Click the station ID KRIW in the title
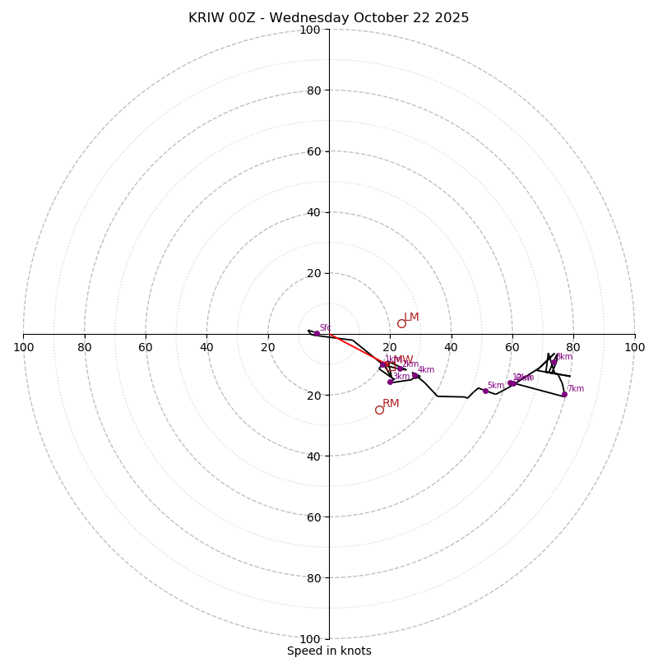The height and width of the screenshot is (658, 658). pyautogui.click(x=205, y=18)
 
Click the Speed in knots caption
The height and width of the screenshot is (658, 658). pyautogui.click(x=329, y=651)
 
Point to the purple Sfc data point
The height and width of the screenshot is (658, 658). pyautogui.click(x=317, y=333)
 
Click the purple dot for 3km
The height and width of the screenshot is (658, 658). pyautogui.click(x=390, y=382)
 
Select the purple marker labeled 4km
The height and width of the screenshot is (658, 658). pyautogui.click(x=415, y=375)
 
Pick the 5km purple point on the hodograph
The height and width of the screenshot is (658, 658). pyautogui.click(x=485, y=391)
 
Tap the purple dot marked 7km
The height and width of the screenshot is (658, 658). pyautogui.click(x=564, y=394)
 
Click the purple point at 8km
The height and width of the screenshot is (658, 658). pyautogui.click(x=554, y=362)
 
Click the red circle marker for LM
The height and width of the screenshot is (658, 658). pyautogui.click(x=401, y=323)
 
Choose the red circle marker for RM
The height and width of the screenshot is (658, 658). pyautogui.click(x=379, y=410)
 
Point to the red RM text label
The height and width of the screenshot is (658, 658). pyautogui.click(x=391, y=403)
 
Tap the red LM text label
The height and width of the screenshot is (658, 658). pyautogui.click(x=411, y=317)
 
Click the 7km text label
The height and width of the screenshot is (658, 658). pyautogui.click(x=575, y=388)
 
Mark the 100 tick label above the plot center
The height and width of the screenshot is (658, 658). pyautogui.click(x=310, y=30)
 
